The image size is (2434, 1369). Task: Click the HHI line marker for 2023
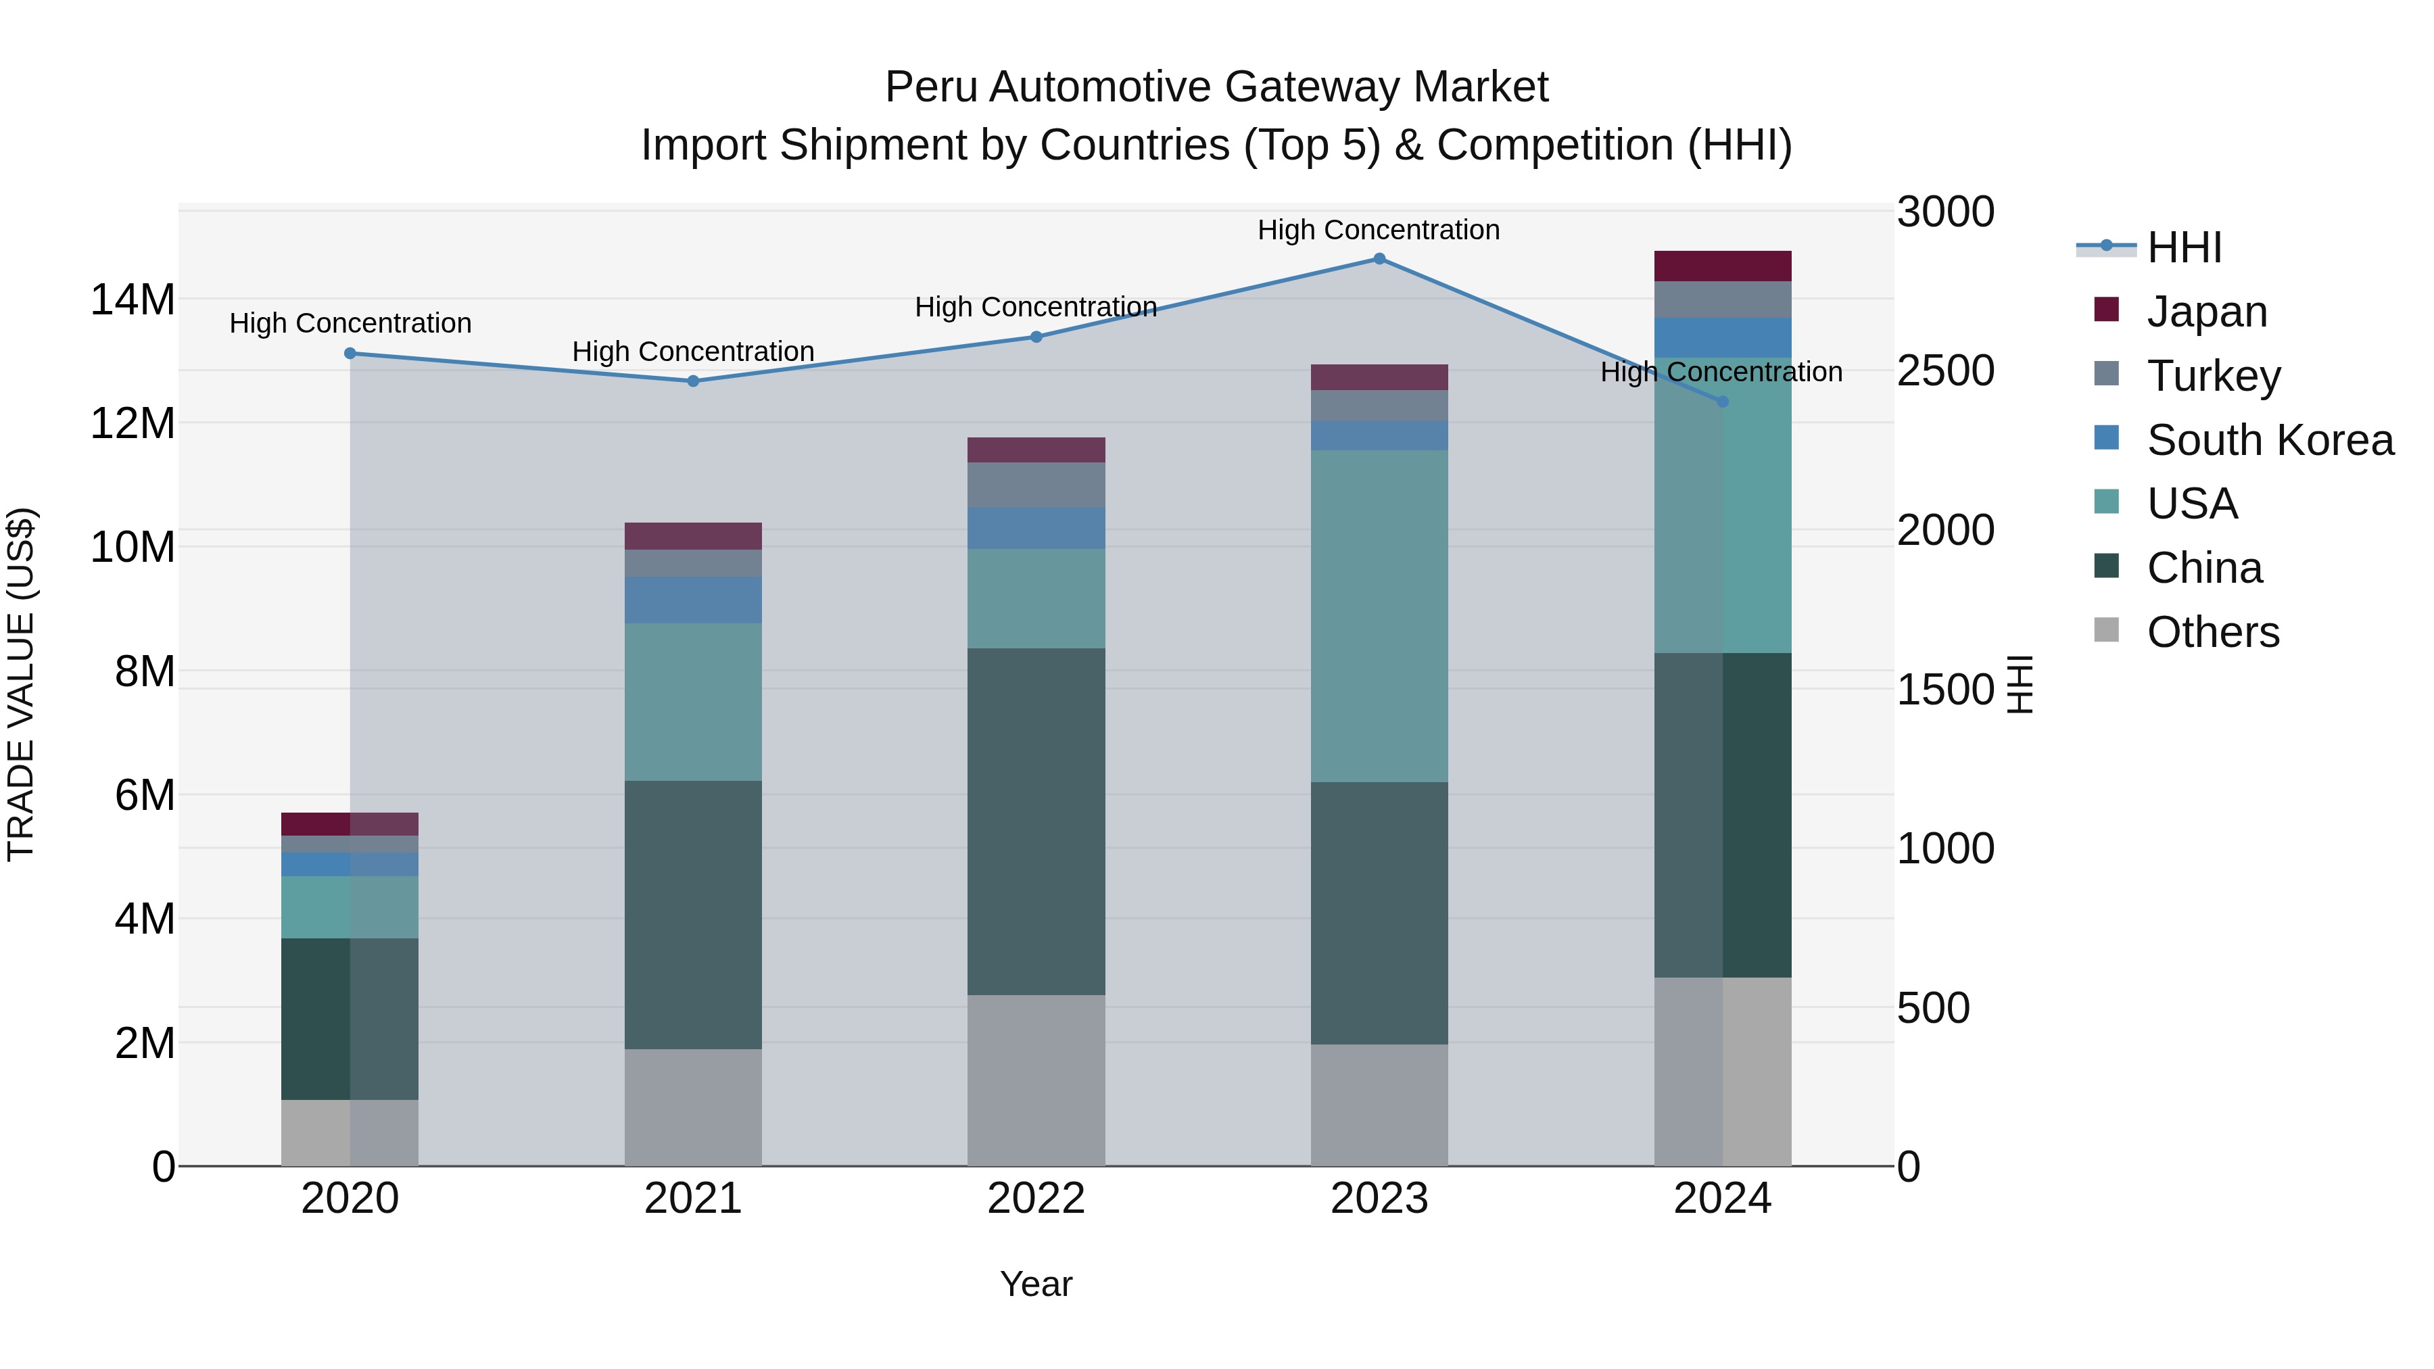click(x=1379, y=259)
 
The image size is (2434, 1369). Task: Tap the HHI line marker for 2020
click(x=350, y=354)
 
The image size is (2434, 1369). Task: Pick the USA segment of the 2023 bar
click(x=1379, y=615)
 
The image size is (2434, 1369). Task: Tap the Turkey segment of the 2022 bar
click(x=1036, y=485)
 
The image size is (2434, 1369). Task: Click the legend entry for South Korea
click(x=2270, y=440)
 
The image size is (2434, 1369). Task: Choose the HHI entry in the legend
click(x=2184, y=247)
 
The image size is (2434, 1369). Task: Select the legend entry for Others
click(x=2212, y=632)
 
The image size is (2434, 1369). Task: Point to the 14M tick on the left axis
click(x=133, y=300)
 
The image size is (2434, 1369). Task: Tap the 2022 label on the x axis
click(x=1036, y=1199)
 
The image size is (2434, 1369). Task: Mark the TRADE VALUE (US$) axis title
click(x=22, y=684)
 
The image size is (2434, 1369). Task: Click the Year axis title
click(x=1036, y=1284)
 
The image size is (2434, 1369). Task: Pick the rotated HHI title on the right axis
click(x=2018, y=684)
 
